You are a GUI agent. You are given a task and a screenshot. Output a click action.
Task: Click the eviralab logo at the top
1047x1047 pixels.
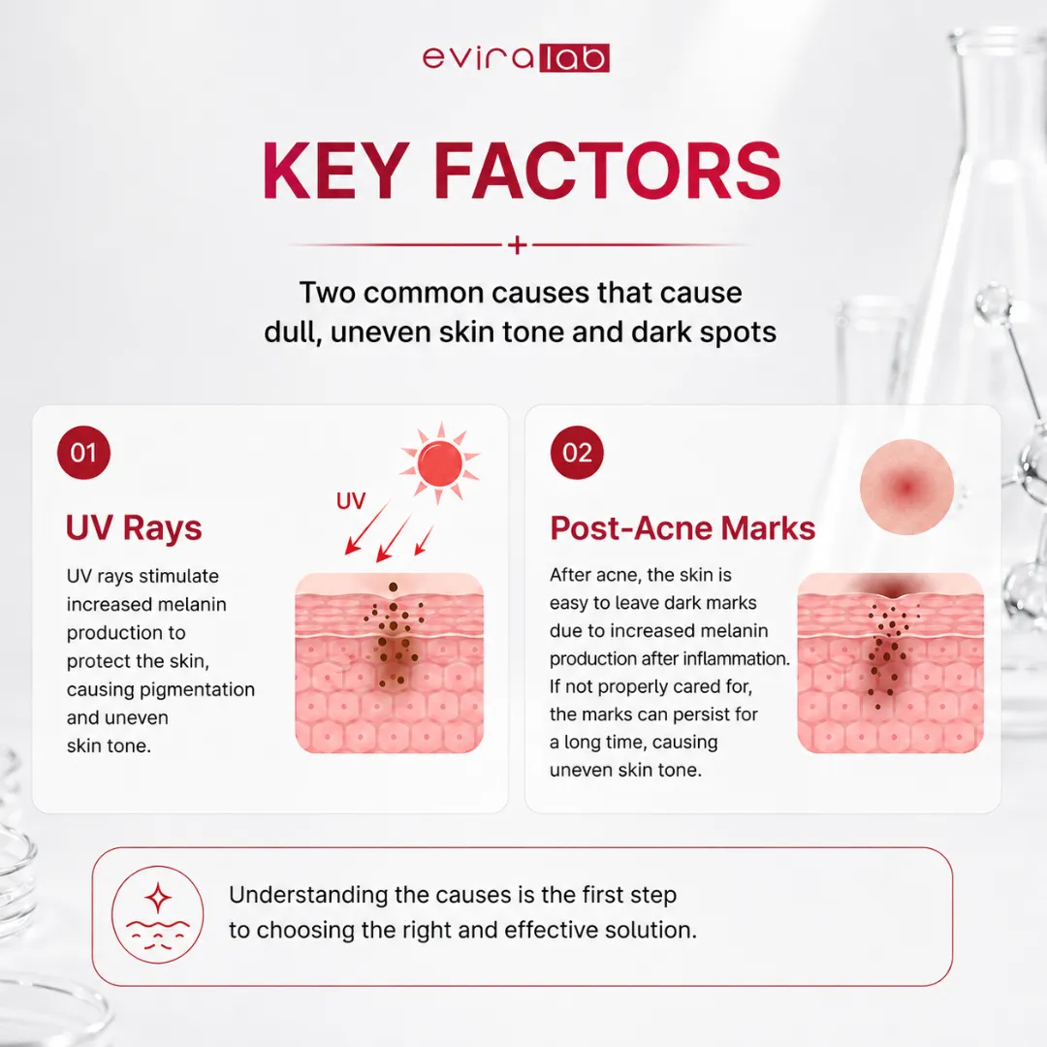click(516, 57)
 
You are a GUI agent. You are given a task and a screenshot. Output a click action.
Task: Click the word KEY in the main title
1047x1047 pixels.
click(335, 171)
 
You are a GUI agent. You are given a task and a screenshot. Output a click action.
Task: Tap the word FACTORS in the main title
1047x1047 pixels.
click(607, 171)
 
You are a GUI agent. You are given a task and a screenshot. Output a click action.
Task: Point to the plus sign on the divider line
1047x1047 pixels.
click(517, 245)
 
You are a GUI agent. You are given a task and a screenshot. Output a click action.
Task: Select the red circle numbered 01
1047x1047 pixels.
click(83, 453)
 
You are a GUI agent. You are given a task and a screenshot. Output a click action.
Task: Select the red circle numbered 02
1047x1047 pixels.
click(577, 453)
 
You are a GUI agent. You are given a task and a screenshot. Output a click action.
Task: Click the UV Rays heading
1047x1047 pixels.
click(134, 528)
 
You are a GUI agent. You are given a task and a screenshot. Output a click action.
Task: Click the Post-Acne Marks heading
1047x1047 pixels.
click(682, 528)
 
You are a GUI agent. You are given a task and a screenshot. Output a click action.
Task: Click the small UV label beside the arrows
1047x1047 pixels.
click(351, 501)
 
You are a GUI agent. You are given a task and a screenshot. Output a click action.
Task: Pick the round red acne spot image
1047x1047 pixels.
click(906, 487)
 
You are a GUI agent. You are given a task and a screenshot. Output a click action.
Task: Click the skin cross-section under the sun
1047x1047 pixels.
click(390, 663)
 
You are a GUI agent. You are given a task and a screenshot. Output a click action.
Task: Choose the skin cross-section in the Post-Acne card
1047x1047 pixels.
click(890, 663)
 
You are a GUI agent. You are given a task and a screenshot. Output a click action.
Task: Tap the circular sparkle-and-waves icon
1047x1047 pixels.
click(158, 915)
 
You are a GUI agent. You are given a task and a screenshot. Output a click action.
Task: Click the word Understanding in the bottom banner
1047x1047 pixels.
click(308, 896)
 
